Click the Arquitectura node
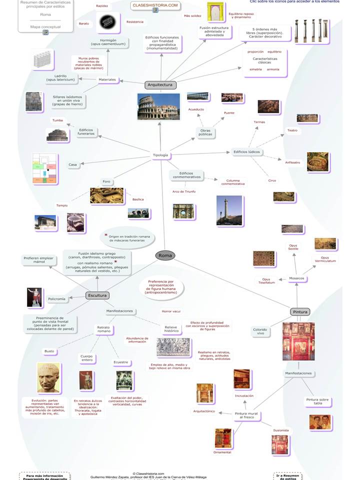pyautogui.click(x=160, y=85)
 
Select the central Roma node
pyautogui.click(x=165, y=255)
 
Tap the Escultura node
pyautogui.click(x=97, y=295)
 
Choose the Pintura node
pyautogui.click(x=300, y=312)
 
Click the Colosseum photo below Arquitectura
pyautogui.click(x=158, y=106)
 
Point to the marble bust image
pyautogui.click(x=48, y=378)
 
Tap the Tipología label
pyautogui.click(x=160, y=155)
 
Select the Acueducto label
pyautogui.click(x=196, y=109)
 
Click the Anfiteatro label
pyautogui.click(x=292, y=162)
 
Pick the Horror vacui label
pyautogui.click(x=171, y=311)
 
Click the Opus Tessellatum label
pyautogui.click(x=266, y=281)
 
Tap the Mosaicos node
pyautogui.click(x=296, y=278)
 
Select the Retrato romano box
pyautogui.click(x=103, y=329)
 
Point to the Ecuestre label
pyautogui.click(x=120, y=362)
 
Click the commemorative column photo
pyautogui.click(x=229, y=210)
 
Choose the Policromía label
pyautogui.click(x=56, y=299)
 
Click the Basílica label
pyautogui.click(x=138, y=199)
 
